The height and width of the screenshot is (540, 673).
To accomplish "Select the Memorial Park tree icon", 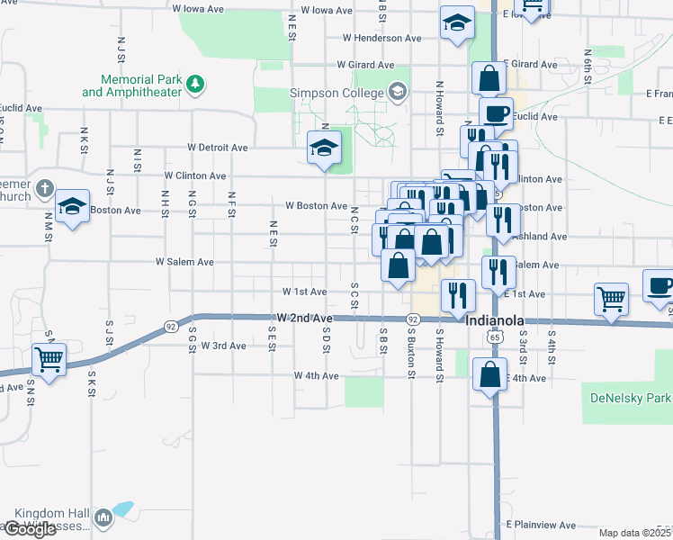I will (x=194, y=85).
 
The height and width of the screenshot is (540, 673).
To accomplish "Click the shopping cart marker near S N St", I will (x=49, y=360).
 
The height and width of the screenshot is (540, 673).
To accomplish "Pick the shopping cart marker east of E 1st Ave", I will (x=612, y=298).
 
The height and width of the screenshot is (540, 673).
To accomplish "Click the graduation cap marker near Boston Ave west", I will (x=72, y=207).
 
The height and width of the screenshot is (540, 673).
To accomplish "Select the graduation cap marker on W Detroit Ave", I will (x=324, y=148).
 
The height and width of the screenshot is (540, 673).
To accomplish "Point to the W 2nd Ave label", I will (x=305, y=319).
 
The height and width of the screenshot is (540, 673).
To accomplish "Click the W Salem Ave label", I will (x=184, y=262).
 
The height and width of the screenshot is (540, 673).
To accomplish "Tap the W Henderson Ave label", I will (x=381, y=39).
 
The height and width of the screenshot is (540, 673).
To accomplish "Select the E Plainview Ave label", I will (x=540, y=524).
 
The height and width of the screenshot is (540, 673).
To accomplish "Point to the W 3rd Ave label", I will (x=223, y=346).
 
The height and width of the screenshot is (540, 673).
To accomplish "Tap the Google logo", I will (x=29, y=529).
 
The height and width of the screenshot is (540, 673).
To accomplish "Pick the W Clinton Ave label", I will (x=195, y=175).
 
